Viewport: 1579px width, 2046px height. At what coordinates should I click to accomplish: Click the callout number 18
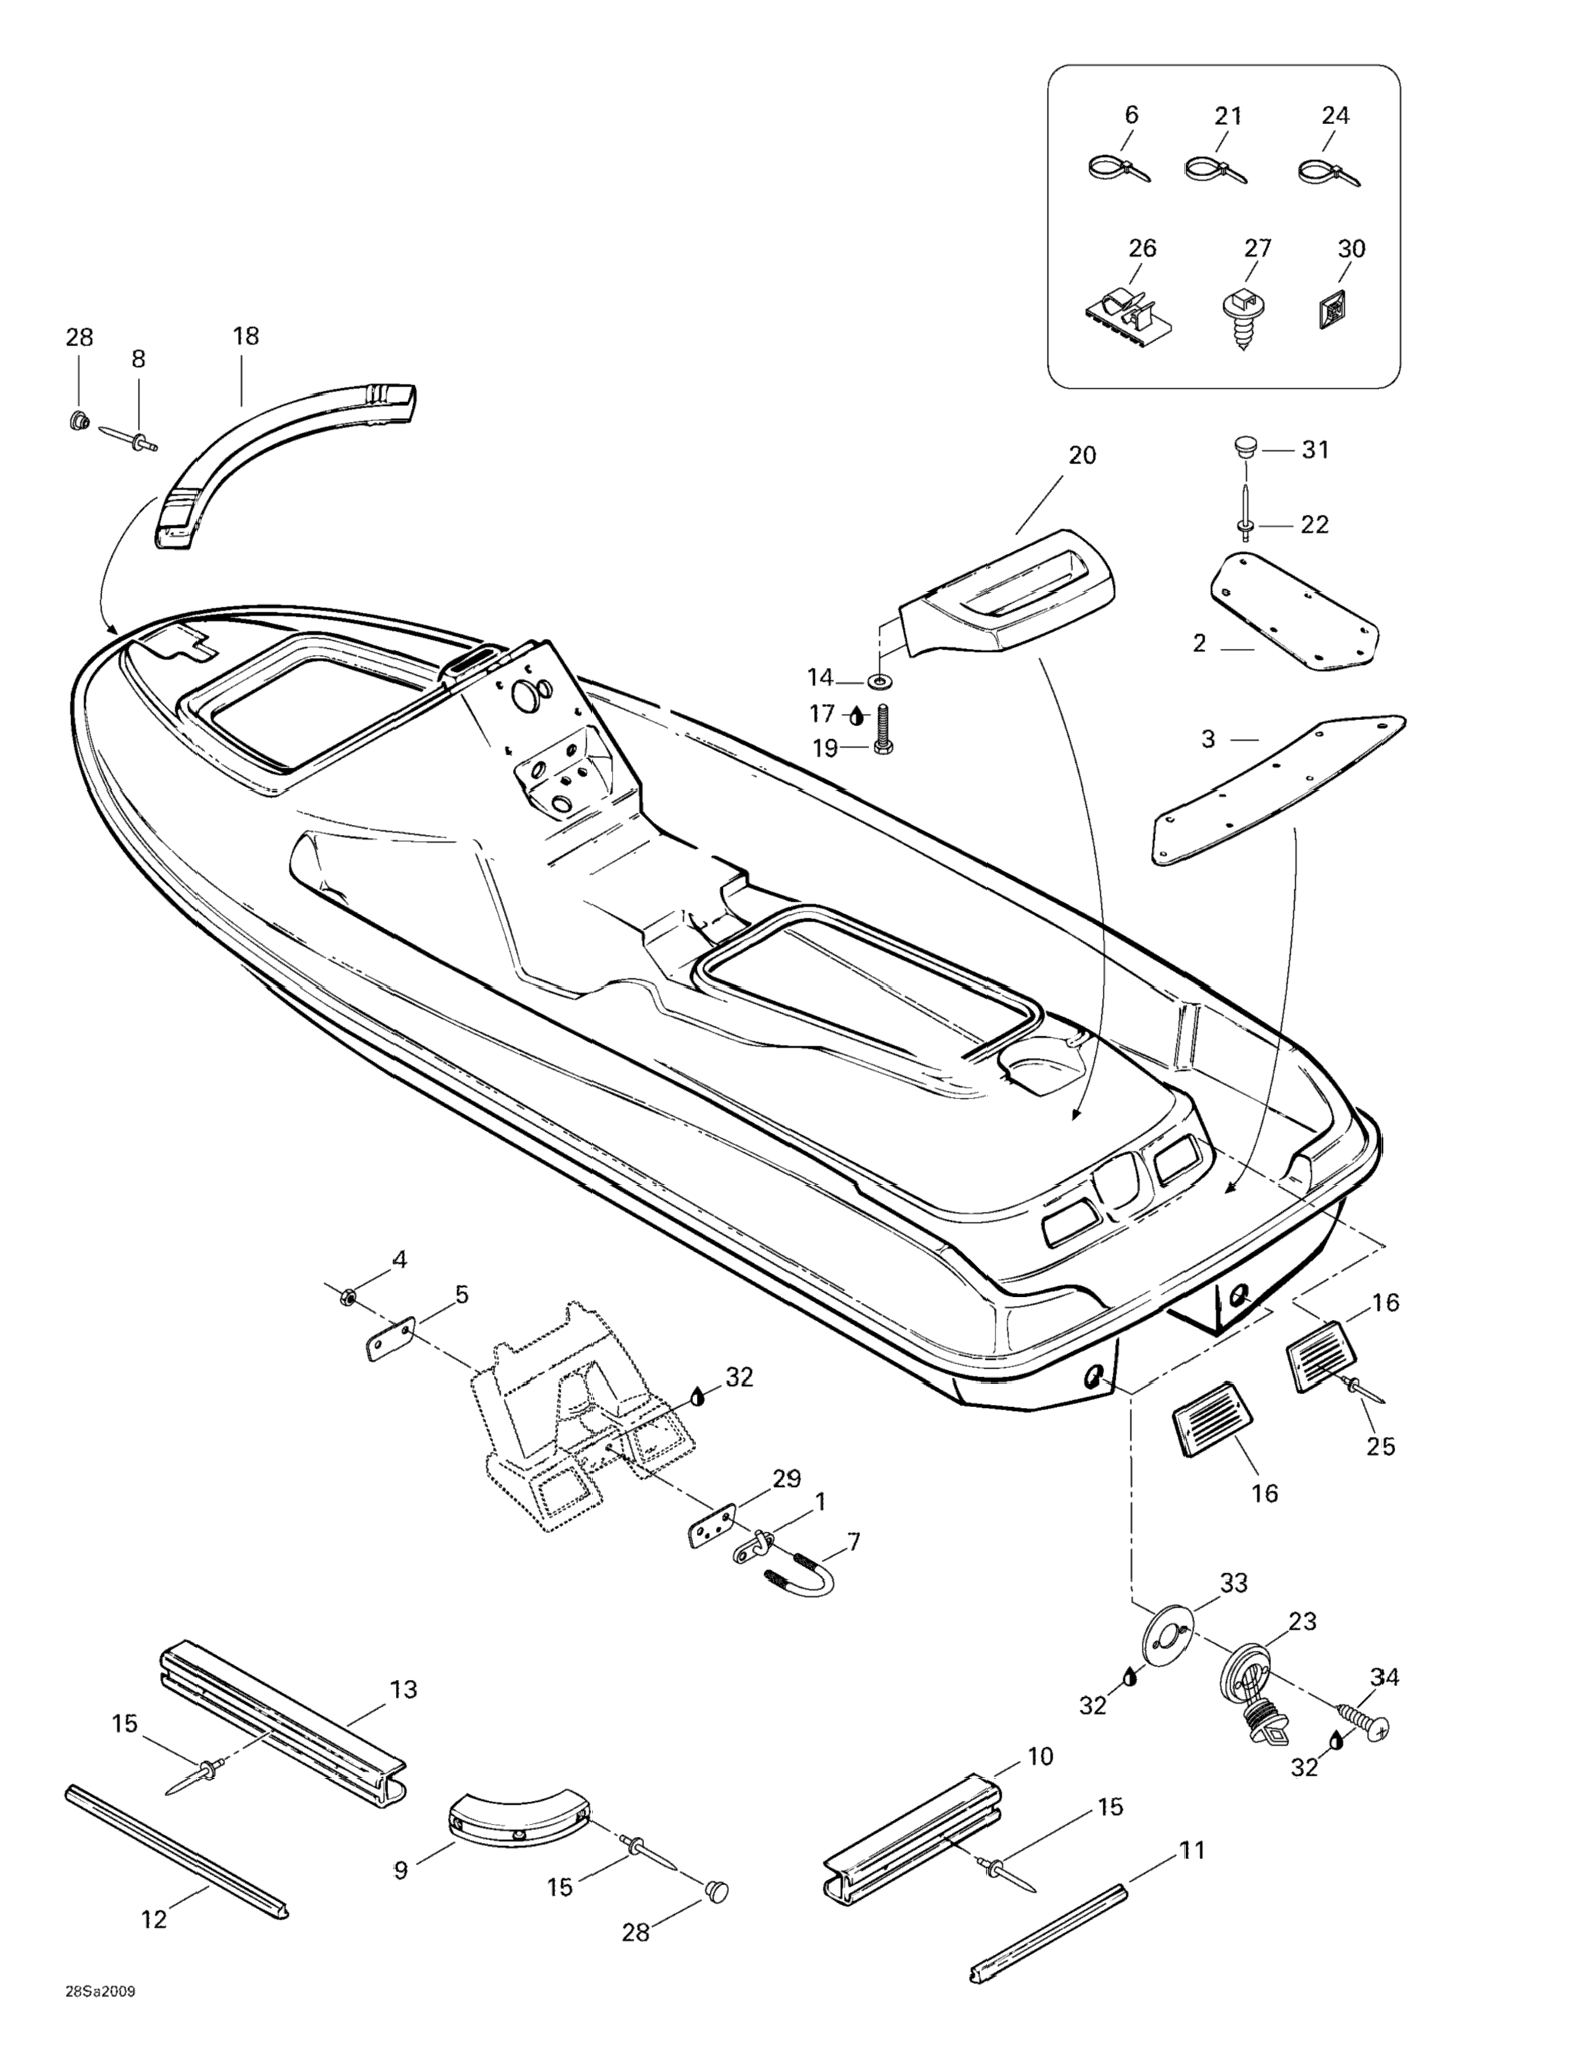click(245, 336)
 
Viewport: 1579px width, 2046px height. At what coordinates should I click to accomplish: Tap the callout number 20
click(1082, 455)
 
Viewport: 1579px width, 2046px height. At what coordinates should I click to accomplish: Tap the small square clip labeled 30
click(1331, 310)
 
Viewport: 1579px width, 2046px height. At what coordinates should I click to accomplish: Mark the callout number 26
click(1143, 248)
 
